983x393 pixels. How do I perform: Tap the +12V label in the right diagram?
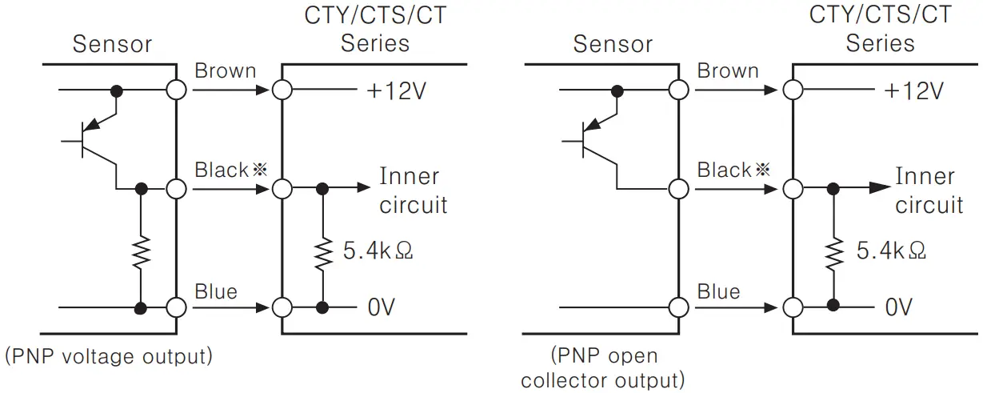tap(913, 90)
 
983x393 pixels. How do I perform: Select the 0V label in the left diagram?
tap(382, 307)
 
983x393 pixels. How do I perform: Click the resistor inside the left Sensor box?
tap(141, 251)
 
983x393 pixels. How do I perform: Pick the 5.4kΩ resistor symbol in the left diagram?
tap(322, 251)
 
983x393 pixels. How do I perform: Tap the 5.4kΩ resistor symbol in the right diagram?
tap(833, 251)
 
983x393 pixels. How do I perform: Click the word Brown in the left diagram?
tap(226, 70)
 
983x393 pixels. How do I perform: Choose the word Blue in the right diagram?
tap(718, 292)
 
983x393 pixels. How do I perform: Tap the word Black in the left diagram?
tap(222, 170)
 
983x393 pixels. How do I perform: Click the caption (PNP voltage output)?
tap(109, 356)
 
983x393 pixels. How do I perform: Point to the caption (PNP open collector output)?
tap(604, 367)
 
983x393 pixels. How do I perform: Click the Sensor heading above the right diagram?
tap(613, 44)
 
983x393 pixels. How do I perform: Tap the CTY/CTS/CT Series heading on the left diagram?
tap(374, 29)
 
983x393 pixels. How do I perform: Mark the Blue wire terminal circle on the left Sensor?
tap(177, 307)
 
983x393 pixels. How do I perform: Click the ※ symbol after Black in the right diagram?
tap(762, 170)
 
